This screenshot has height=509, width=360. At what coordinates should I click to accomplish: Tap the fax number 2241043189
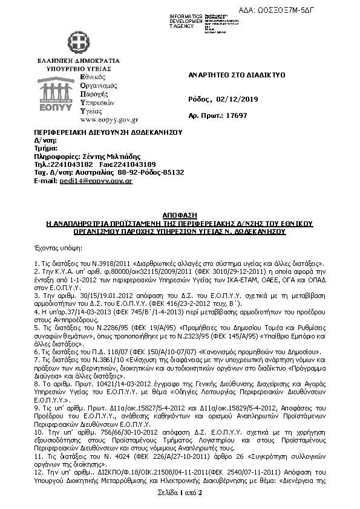point(136,164)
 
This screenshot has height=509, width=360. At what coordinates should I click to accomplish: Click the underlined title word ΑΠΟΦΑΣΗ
point(180,215)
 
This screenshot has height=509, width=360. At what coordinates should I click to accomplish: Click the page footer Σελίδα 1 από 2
point(180,494)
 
